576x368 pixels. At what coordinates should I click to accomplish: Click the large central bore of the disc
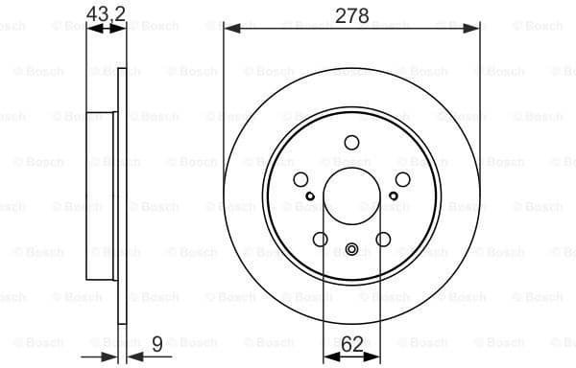[351, 196]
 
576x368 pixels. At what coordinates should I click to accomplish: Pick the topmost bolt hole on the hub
[351, 143]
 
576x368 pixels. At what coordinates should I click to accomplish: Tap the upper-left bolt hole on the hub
[300, 179]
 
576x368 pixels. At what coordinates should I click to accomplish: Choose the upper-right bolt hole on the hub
[402, 179]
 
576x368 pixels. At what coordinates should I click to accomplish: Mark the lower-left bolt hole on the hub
[320, 240]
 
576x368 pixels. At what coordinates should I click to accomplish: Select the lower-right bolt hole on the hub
[383, 240]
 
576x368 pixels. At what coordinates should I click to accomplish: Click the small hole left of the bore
[309, 197]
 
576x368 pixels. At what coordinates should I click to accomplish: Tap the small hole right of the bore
[394, 197]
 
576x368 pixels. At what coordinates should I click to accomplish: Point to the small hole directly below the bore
[351, 252]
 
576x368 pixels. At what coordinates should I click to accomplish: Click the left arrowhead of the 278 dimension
[229, 29]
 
